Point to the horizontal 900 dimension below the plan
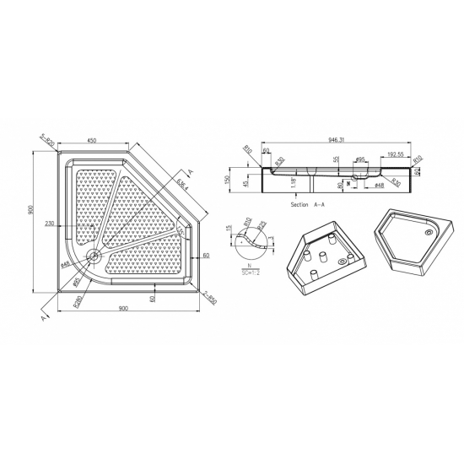[123, 309]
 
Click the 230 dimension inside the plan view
[51, 224]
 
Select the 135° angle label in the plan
[181, 231]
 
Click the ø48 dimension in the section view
[380, 186]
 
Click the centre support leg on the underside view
[325, 256]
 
